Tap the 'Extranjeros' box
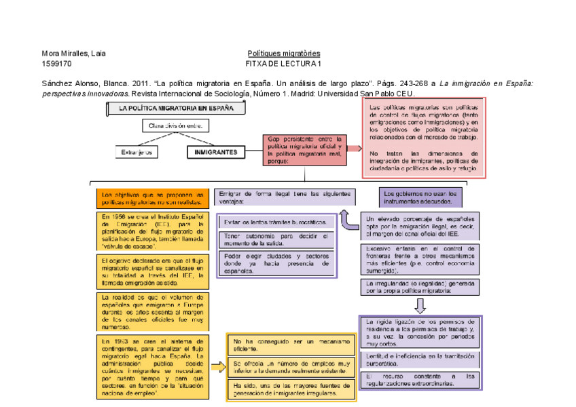137,153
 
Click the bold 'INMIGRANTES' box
215,153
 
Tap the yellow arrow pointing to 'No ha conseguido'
217,367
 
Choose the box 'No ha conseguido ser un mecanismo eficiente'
290,345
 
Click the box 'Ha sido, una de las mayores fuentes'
290,390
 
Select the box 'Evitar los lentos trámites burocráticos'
275,222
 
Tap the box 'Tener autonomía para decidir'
275,239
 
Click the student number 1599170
56,64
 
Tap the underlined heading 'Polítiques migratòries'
284,54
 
